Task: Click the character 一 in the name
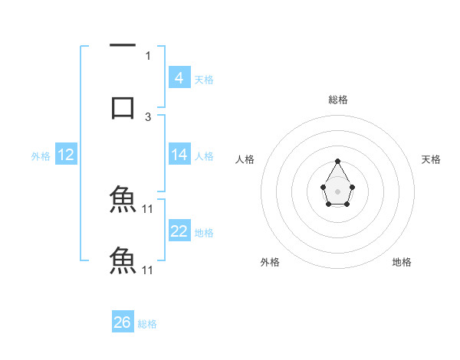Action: point(123,47)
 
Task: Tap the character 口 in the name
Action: point(123,106)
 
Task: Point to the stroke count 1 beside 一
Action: point(148,56)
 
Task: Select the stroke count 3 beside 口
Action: point(148,116)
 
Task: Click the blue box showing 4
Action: point(179,78)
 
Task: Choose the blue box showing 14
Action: point(179,155)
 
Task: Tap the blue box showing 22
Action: point(179,231)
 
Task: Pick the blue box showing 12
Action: point(66,155)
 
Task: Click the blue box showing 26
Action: point(123,322)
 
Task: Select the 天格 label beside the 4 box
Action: point(204,80)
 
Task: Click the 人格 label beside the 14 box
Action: point(204,156)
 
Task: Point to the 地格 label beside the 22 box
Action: point(204,233)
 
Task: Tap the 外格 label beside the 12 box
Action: point(41,156)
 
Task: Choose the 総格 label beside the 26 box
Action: point(147,324)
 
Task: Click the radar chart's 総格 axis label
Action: point(338,100)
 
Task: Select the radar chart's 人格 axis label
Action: point(245,159)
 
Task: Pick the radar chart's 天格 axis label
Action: point(432,159)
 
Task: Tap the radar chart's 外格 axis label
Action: point(270,263)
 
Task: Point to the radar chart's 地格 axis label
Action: point(402,263)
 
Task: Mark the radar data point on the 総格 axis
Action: point(338,161)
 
